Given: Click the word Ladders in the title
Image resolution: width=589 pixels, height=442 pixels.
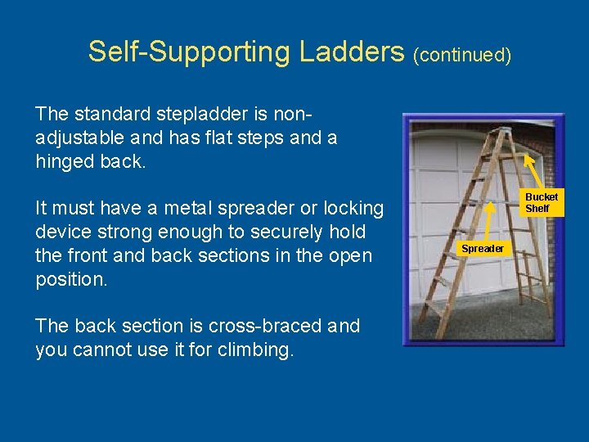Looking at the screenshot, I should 352,52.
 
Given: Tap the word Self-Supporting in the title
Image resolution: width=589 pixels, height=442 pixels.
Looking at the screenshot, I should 189,52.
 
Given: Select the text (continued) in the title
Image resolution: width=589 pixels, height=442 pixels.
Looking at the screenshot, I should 462,55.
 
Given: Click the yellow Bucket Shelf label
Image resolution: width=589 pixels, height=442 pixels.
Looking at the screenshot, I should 542,203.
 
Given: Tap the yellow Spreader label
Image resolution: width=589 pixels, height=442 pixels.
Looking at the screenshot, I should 483,248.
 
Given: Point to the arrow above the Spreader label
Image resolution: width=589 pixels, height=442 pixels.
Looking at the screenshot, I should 488,220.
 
